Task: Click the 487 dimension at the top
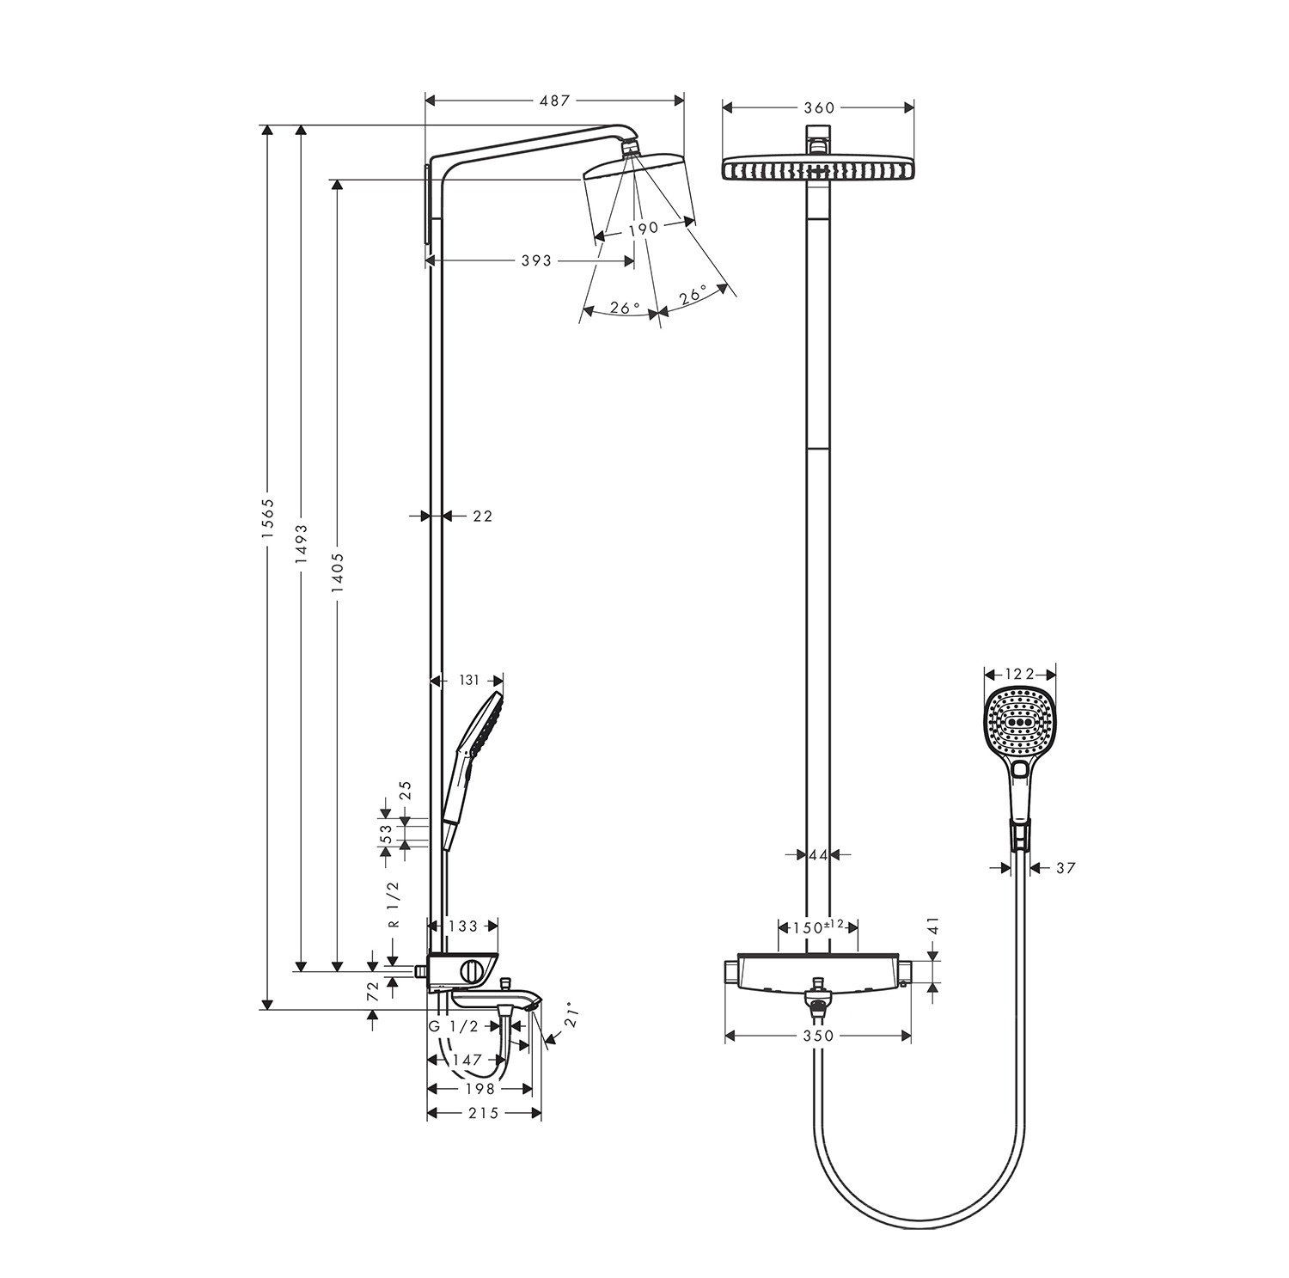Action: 554,101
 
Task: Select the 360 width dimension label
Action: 818,107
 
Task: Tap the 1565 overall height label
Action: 267,518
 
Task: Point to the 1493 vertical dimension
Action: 301,543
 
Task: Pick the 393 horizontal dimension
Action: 535,260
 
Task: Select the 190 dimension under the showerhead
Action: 642,228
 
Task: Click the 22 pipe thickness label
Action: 482,516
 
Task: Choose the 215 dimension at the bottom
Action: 484,1113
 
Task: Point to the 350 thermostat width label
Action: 818,1036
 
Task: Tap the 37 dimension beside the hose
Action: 1065,868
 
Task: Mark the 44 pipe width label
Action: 817,854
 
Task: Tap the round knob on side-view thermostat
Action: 472,972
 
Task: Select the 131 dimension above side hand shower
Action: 467,680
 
